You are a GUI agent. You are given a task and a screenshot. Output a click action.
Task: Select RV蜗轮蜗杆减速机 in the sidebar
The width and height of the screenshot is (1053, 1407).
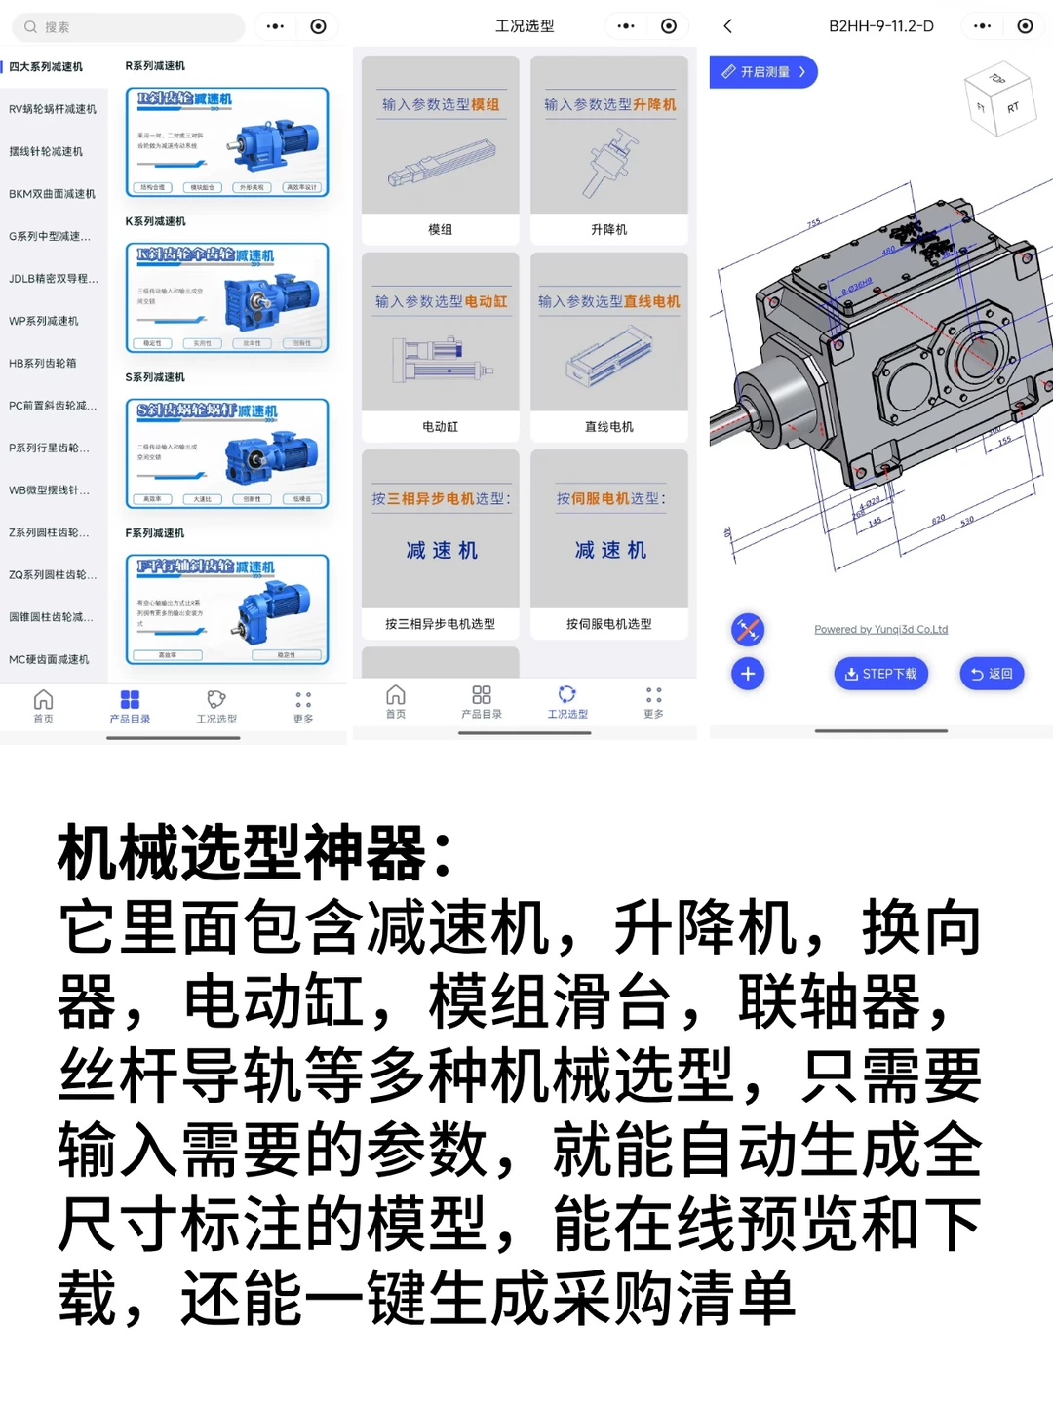point(53,109)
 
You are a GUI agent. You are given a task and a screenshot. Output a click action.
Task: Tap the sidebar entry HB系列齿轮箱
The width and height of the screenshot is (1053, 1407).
point(43,364)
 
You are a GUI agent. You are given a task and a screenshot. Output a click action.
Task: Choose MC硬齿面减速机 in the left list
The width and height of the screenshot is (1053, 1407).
point(49,660)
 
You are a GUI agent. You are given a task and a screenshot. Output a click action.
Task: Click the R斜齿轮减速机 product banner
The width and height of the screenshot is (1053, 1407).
point(227,142)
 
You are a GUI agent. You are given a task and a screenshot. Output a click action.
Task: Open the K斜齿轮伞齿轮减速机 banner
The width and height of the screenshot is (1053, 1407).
point(227,297)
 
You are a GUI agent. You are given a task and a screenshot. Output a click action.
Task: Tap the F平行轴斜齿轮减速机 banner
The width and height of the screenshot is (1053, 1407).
point(227,609)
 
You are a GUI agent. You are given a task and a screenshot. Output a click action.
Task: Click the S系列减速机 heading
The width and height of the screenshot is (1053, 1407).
point(155,377)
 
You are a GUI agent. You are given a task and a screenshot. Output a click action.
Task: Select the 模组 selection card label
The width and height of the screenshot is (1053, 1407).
point(440,230)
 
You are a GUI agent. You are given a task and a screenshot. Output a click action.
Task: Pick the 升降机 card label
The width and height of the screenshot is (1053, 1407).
point(609,230)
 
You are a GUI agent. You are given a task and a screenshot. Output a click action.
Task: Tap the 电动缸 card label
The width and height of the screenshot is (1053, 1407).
point(440,427)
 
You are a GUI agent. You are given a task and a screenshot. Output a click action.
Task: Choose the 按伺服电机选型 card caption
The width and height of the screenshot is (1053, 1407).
point(609,624)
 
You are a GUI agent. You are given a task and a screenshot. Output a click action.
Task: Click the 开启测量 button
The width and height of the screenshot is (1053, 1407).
point(763,72)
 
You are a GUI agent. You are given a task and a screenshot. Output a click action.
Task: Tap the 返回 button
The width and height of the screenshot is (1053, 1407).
point(992,674)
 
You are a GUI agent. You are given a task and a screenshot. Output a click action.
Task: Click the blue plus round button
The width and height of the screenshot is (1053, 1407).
point(748,674)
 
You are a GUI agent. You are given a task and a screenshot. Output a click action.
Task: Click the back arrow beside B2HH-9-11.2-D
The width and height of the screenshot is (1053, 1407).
point(728,26)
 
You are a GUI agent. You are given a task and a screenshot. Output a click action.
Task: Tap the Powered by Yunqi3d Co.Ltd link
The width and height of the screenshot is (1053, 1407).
point(880,630)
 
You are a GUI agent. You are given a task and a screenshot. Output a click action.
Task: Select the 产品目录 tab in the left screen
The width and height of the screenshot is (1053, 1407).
point(130,706)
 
